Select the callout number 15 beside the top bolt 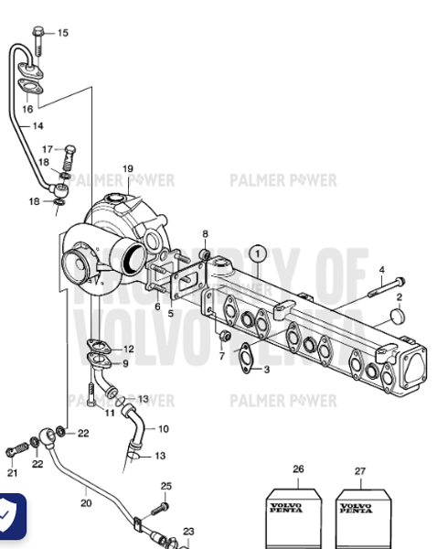pyautogui.click(x=62, y=33)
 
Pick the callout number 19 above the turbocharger pyautogui.click(x=128, y=168)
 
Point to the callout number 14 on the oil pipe pyautogui.click(x=37, y=125)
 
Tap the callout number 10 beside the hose pyautogui.click(x=163, y=428)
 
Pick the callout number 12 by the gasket pyautogui.click(x=128, y=349)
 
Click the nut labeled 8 pyautogui.click(x=205, y=253)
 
